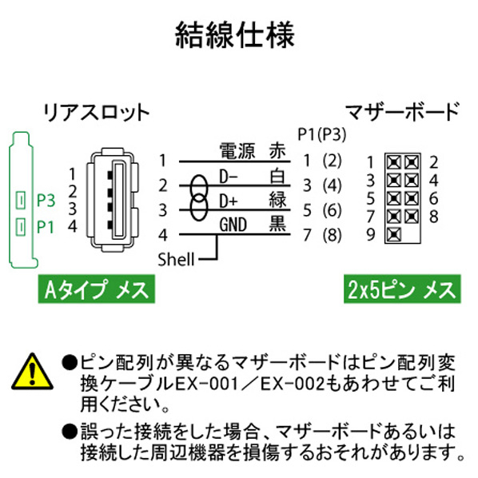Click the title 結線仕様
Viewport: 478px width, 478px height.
[235, 34]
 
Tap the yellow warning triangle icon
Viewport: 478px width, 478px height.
[32, 372]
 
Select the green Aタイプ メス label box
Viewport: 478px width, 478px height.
[97, 289]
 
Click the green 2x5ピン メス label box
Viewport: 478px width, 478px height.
[402, 289]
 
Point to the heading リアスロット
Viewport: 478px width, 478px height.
[97, 113]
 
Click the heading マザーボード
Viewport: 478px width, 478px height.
[403, 112]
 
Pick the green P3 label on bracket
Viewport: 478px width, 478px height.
[46, 201]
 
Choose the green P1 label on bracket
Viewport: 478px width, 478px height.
[46, 228]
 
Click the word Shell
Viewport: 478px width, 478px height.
[176, 260]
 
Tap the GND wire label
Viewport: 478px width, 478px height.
[233, 225]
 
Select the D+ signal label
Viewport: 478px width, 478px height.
[229, 201]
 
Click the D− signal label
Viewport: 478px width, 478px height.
[229, 177]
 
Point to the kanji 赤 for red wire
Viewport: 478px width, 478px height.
[277, 151]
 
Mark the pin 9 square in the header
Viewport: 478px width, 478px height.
[394, 234]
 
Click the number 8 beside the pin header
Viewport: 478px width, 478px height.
[434, 217]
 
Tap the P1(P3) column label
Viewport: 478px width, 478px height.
[322, 134]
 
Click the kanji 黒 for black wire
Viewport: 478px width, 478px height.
[277, 224]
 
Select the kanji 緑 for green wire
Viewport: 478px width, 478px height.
[277, 201]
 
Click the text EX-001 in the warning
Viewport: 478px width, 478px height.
[206, 384]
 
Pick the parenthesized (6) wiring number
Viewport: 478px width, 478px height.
[333, 210]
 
